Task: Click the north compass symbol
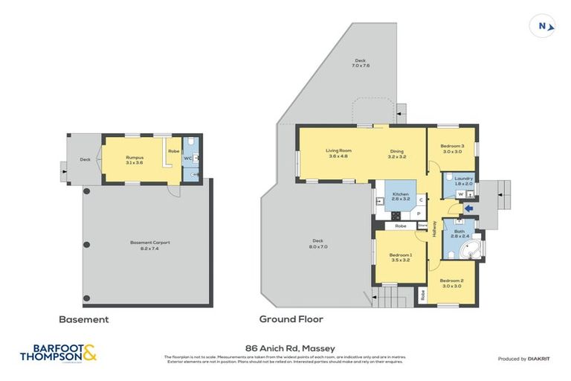(x=546, y=26)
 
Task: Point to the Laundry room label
(x=463, y=180)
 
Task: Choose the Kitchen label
(x=401, y=196)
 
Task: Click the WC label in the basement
(x=188, y=159)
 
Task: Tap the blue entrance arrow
(x=467, y=209)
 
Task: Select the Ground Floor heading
(x=291, y=319)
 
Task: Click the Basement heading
(x=84, y=319)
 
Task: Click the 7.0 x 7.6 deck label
(x=361, y=63)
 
